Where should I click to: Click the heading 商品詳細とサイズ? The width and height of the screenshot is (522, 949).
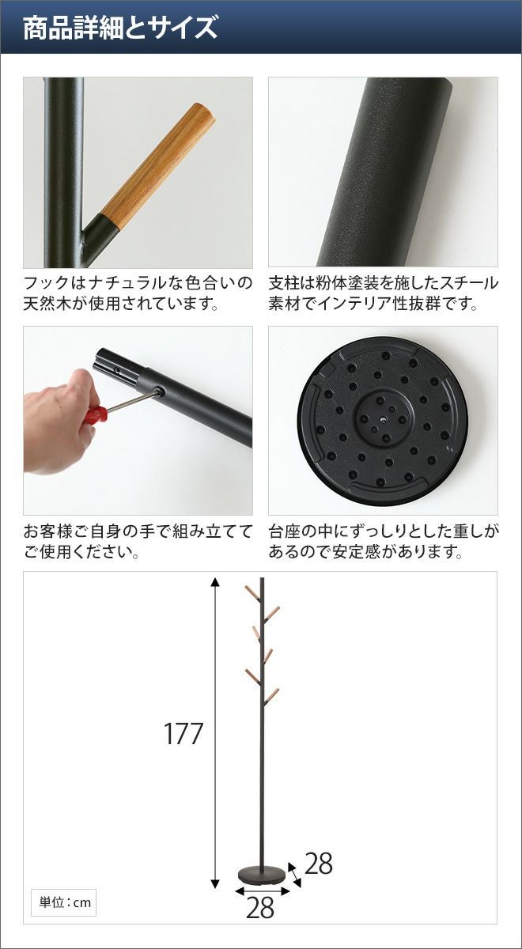[x=120, y=28]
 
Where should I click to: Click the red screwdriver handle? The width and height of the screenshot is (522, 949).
[x=94, y=414]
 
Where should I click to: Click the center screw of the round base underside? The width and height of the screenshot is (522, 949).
[x=383, y=419]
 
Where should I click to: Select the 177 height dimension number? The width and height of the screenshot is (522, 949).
[x=183, y=733]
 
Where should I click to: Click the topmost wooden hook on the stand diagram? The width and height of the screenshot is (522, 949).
[x=252, y=592]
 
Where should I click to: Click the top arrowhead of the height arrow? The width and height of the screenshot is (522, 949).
[x=216, y=582]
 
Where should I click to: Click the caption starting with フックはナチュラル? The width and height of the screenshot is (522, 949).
[x=138, y=293]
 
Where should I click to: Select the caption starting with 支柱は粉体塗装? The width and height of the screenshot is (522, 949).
[x=383, y=293]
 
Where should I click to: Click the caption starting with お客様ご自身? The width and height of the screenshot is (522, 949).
[x=138, y=541]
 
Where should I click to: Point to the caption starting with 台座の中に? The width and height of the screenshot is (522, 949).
[x=384, y=541]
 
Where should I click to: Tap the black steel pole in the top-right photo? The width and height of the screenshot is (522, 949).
[x=384, y=172]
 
